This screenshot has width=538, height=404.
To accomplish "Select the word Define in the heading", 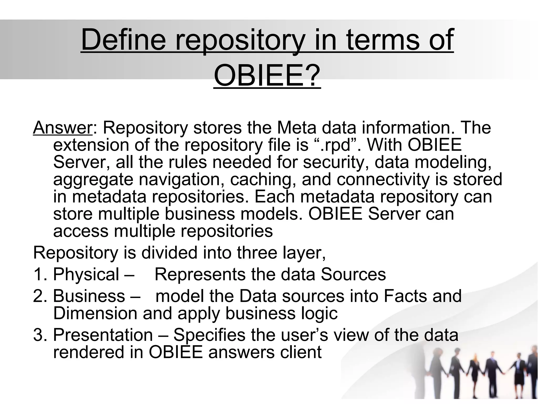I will pyautogui.click(x=124, y=40).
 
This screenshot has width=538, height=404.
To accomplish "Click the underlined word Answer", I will pyautogui.click(x=63, y=128).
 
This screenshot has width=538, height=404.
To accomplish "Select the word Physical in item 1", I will pyautogui.click(x=86, y=274).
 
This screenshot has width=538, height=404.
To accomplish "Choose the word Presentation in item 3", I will pyautogui.click(x=103, y=335).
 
